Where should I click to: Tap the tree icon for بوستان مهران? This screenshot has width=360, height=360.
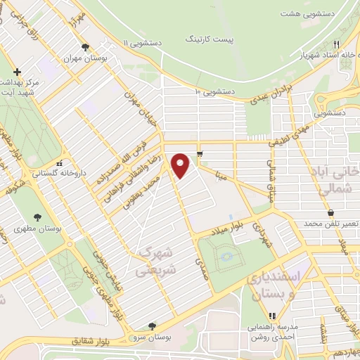click(x=85, y=48)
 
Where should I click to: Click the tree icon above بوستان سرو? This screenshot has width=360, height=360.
click(x=153, y=326)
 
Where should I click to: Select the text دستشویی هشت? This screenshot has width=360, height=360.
click(x=306, y=13)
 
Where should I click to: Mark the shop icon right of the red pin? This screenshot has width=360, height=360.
click(x=200, y=154)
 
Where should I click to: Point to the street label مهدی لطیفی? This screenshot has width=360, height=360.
click(x=290, y=134)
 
